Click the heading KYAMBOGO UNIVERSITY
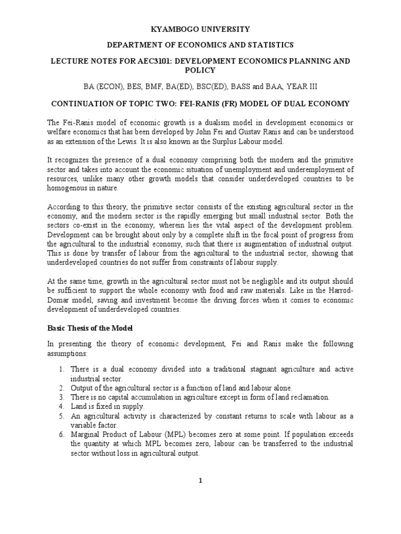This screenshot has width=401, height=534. [x=200, y=29]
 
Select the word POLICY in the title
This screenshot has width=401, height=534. [x=200, y=70]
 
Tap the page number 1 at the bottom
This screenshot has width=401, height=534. [x=200, y=481]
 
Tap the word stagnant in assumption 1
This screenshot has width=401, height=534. [x=252, y=369]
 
